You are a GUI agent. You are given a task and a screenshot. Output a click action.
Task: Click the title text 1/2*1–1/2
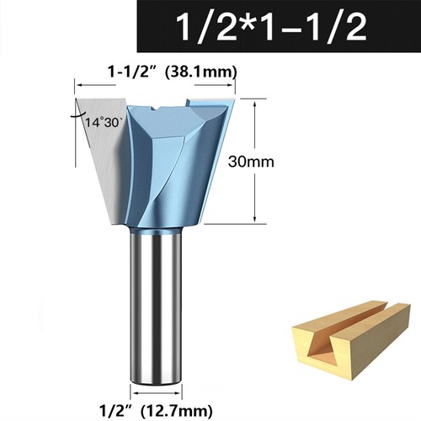click(273, 28)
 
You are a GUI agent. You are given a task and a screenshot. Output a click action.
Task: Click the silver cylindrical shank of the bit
click(157, 303)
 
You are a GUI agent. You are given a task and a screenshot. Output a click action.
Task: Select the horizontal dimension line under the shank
click(157, 392)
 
